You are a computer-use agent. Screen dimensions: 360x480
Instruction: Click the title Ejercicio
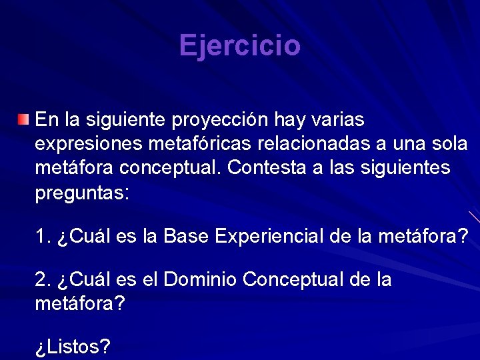(x=240, y=46)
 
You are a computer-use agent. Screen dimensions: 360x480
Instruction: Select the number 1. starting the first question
(x=43, y=236)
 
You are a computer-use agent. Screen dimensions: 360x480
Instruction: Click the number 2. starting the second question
(x=43, y=280)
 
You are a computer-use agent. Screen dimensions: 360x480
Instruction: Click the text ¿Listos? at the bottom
(x=73, y=347)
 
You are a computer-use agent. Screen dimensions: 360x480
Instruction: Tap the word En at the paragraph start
(x=47, y=120)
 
